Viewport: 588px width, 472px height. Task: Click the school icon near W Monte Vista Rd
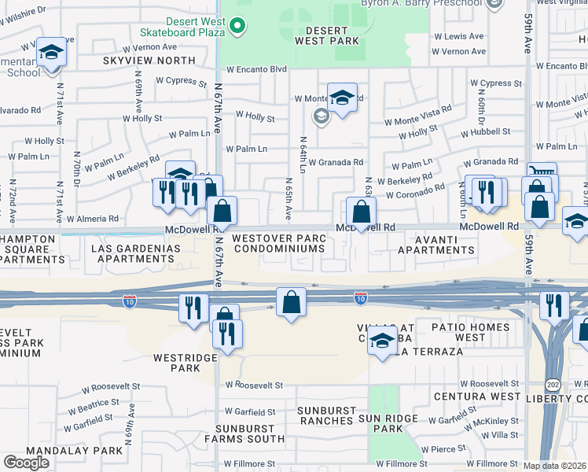pos(342,98)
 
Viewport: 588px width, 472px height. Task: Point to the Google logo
pos(26,462)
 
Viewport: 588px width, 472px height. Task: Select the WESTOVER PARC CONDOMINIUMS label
pos(278,243)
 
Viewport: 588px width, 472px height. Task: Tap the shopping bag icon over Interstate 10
pos(291,302)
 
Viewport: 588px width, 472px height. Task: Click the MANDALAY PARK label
pos(74,451)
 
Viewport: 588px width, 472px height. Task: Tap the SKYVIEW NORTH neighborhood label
pos(149,61)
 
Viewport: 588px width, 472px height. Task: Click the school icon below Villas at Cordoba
pos(382,343)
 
